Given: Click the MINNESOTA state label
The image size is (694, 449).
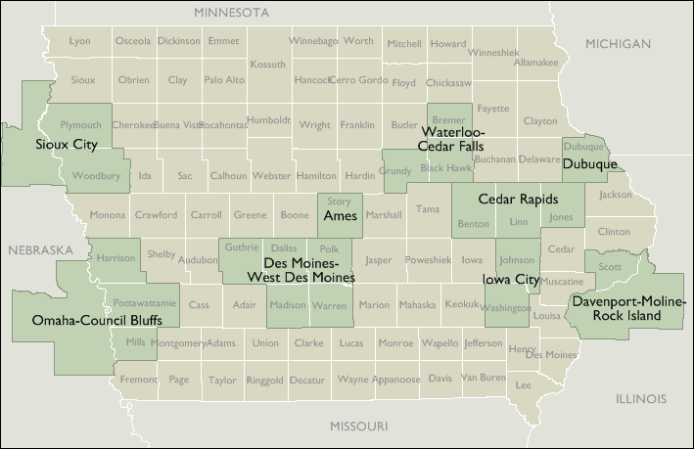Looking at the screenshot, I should (231, 13).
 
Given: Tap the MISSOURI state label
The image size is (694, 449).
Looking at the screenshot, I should (358, 427).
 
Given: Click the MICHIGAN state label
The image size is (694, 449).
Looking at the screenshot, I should (618, 44).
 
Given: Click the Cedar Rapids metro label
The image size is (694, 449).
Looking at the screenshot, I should (518, 199).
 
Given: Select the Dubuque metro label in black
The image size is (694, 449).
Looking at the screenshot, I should (590, 164).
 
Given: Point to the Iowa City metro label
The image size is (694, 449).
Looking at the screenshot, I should (512, 280).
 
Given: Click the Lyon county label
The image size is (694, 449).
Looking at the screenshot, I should (79, 41).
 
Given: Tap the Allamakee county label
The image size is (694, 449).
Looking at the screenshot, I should (535, 62).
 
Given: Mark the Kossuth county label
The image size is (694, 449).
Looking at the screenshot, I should (267, 64).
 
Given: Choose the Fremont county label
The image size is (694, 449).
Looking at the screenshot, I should (138, 379).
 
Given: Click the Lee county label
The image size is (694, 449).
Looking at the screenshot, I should (524, 385).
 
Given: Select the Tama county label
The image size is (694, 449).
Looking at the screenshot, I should (428, 209).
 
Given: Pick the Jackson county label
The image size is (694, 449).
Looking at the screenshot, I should (616, 195).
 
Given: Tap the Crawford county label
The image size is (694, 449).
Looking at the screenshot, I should (157, 215).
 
